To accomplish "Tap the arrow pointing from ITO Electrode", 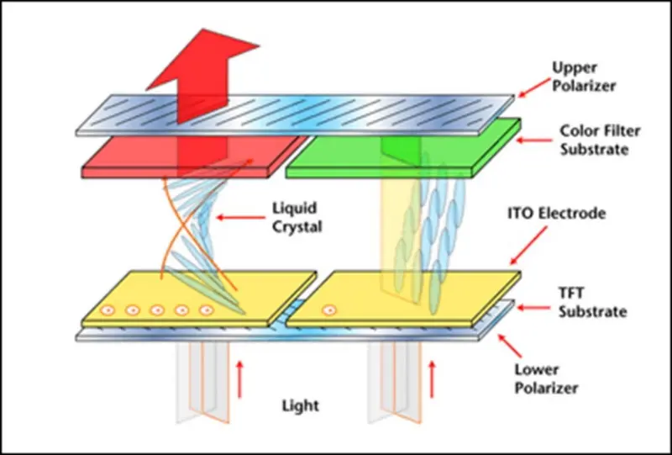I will click(521, 245).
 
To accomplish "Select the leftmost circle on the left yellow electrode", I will click(108, 310).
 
